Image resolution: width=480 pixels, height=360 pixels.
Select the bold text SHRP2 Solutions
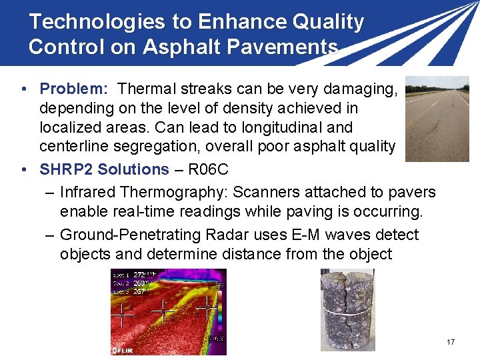tap(105, 169)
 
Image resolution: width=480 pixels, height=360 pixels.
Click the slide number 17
tap(451, 342)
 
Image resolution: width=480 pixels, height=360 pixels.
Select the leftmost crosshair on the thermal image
tap(123, 313)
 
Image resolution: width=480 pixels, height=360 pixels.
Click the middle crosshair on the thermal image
tap(163, 311)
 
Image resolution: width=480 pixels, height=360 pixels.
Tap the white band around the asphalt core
tap(347, 311)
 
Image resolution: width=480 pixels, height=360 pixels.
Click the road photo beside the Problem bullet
tap(437, 119)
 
